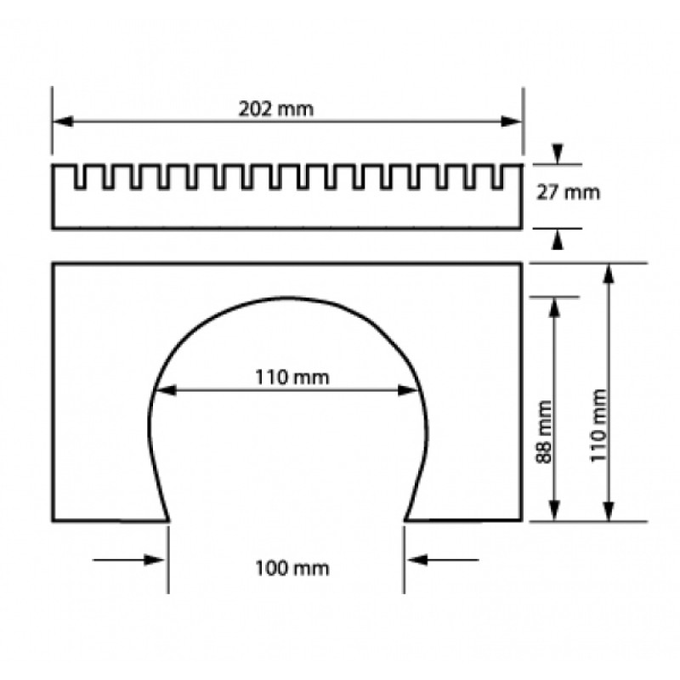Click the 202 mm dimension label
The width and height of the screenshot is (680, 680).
pos(275,109)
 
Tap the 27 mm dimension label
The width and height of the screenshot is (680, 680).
pos(568,192)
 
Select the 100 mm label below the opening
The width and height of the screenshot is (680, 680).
pos(292,568)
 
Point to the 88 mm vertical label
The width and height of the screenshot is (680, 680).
pos(544,432)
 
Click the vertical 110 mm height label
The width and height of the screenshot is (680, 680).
pos(599,426)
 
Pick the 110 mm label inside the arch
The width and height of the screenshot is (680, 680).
pos(292,377)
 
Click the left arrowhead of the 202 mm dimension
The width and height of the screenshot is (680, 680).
pos(62,122)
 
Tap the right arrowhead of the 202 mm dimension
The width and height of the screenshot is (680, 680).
pos(512,122)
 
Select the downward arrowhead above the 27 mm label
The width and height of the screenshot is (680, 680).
pos(558,154)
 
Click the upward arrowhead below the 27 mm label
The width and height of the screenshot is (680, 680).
pos(558,239)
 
